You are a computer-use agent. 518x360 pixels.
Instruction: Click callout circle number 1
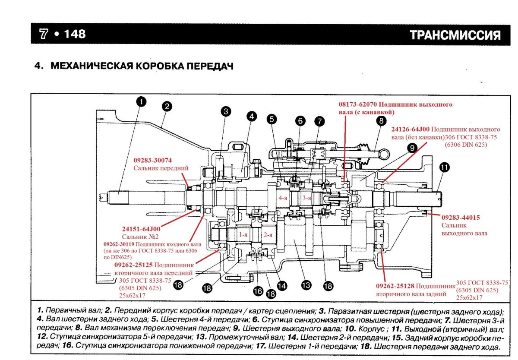click(141, 102)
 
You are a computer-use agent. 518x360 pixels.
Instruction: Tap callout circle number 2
click(167, 106)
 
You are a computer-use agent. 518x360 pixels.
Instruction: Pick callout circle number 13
click(306, 285)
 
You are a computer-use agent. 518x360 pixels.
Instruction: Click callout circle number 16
click(258, 291)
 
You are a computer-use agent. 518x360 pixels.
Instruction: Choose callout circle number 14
click(282, 285)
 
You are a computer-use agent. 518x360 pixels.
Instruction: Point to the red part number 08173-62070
click(357, 104)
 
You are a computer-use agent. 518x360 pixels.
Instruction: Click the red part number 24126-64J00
click(410, 129)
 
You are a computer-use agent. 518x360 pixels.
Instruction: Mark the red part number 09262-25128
click(396, 286)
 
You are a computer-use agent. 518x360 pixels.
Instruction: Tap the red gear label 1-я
click(243, 235)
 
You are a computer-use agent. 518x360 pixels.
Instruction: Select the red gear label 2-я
click(268, 235)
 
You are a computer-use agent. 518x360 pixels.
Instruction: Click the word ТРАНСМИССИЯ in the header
click(455, 35)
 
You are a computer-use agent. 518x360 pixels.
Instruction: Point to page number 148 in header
click(75, 34)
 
